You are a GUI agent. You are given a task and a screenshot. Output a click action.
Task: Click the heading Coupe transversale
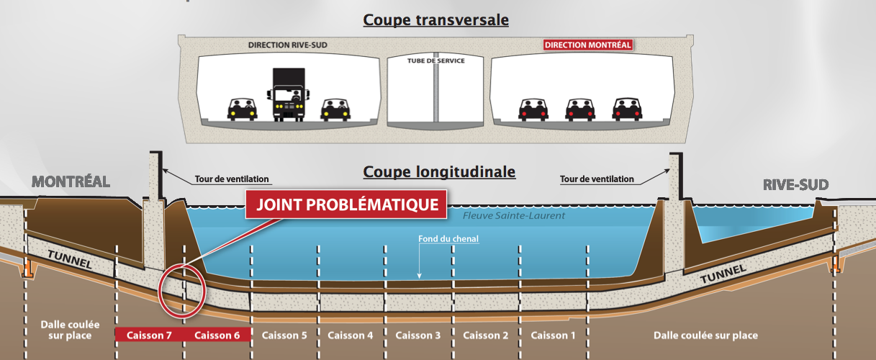(435, 20)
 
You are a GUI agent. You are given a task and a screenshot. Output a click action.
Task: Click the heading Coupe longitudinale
(439, 172)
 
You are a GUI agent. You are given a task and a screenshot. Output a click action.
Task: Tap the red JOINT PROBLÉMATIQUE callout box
(346, 204)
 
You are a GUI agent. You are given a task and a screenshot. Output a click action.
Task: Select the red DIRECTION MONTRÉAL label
(588, 45)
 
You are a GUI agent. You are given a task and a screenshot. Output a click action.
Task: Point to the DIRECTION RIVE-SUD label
(287, 45)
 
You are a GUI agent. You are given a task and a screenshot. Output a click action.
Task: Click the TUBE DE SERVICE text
(435, 60)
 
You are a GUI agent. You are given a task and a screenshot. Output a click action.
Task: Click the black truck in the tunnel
(289, 95)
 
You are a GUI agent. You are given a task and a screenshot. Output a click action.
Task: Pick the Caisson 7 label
(149, 336)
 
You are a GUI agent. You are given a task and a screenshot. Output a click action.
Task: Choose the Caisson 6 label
(217, 336)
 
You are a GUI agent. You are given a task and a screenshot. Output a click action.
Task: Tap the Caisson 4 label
(351, 336)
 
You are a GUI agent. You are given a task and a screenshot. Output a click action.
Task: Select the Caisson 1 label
(553, 336)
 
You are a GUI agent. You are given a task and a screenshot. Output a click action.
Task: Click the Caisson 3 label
(417, 336)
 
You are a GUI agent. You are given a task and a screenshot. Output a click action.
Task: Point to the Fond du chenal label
(448, 239)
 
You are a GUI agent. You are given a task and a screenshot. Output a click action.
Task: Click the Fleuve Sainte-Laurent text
(513, 215)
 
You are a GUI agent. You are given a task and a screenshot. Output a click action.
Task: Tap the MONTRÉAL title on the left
(71, 182)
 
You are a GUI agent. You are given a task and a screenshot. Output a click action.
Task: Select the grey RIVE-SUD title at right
(796, 185)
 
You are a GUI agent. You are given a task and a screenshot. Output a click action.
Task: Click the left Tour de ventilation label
(232, 179)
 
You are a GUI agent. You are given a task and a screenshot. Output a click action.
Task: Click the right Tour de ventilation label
(597, 179)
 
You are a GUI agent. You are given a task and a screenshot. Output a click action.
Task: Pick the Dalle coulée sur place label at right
(705, 336)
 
